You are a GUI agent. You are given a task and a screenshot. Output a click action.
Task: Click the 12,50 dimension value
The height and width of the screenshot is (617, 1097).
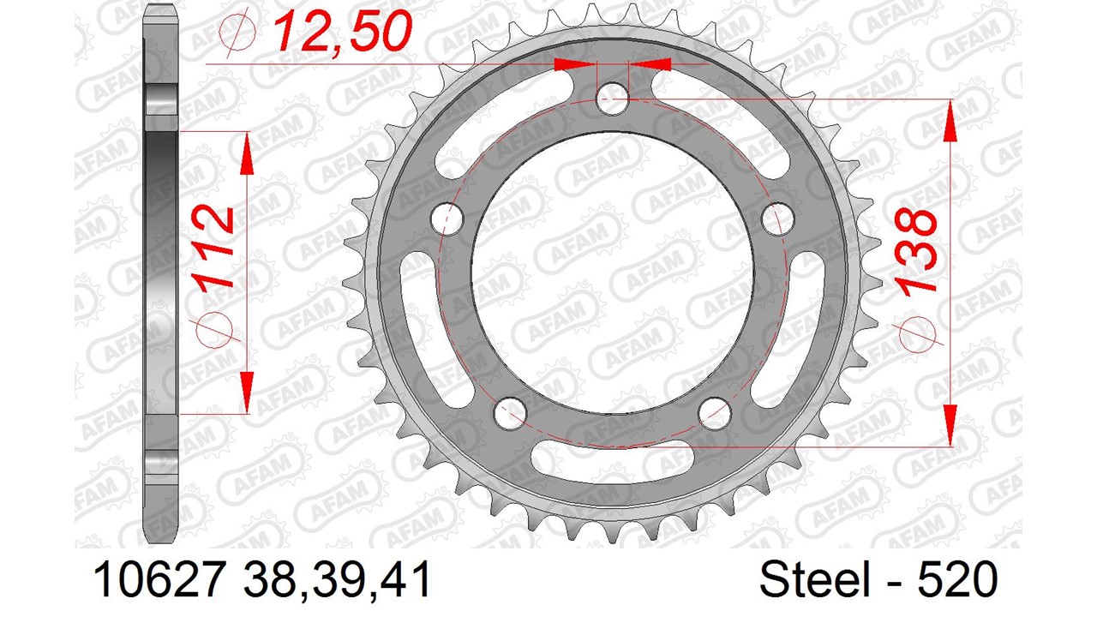342,32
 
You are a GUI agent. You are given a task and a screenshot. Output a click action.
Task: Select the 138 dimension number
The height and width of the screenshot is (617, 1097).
914,252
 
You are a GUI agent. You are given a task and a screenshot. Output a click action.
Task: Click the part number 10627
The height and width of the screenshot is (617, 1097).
160,579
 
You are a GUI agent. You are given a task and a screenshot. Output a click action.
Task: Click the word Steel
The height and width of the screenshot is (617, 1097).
813,579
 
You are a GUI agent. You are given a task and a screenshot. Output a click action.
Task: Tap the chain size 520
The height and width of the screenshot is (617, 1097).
957,579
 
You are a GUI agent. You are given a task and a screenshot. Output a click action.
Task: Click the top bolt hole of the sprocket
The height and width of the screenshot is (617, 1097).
612,99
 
